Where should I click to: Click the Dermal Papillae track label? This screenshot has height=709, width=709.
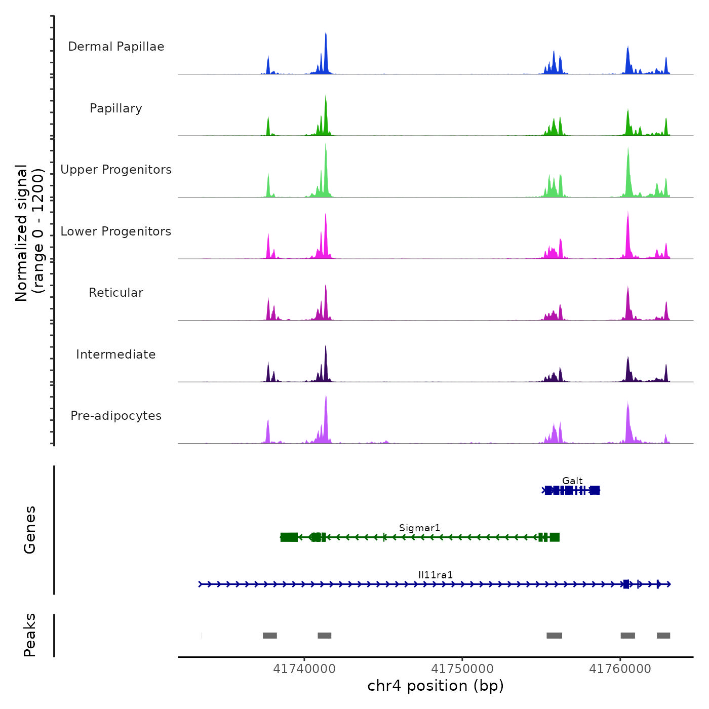[x=116, y=47]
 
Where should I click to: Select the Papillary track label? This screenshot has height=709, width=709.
[x=116, y=108]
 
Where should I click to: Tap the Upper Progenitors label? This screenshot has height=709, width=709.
[x=116, y=170]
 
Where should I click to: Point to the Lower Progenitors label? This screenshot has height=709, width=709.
[x=116, y=231]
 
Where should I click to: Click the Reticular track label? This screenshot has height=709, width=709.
[x=116, y=293]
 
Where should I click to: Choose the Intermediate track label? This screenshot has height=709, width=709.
[x=116, y=354]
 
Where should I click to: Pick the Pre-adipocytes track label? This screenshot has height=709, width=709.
[x=116, y=416]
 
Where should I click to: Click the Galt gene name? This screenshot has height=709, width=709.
[x=572, y=481]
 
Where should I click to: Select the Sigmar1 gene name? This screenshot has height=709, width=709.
[x=419, y=528]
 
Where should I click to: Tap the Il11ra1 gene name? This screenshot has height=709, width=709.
[x=436, y=575]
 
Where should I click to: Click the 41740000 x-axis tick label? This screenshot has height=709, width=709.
[x=304, y=669]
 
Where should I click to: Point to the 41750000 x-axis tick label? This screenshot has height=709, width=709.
[x=462, y=669]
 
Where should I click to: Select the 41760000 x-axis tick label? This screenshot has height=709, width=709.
[x=620, y=669]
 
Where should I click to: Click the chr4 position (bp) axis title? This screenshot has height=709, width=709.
[x=436, y=686]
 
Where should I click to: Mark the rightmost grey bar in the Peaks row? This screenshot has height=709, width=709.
[x=663, y=636]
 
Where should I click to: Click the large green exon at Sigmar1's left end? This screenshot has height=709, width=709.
[x=289, y=537]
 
